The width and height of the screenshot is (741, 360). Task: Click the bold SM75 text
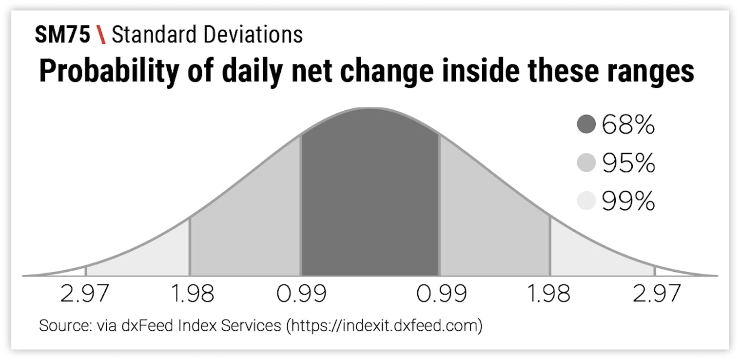[62, 35]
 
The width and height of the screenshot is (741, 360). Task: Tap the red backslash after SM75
[101, 35]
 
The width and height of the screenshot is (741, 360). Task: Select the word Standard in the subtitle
[154, 35]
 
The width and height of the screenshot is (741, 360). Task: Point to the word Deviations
[253, 35]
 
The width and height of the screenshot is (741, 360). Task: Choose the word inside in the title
[481, 70]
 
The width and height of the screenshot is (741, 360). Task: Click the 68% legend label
[628, 124]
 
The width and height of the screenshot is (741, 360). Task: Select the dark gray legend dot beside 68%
[586, 124]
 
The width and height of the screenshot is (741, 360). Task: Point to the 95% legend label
[628, 163]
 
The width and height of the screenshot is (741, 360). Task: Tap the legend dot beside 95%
[586, 162]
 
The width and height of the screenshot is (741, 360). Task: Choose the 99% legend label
[628, 201]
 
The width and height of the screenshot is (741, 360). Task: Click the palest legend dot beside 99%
[586, 200]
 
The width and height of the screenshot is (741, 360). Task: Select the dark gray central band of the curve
[370, 199]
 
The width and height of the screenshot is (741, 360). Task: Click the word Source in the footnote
[65, 325]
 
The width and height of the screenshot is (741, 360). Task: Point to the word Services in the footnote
[251, 325]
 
